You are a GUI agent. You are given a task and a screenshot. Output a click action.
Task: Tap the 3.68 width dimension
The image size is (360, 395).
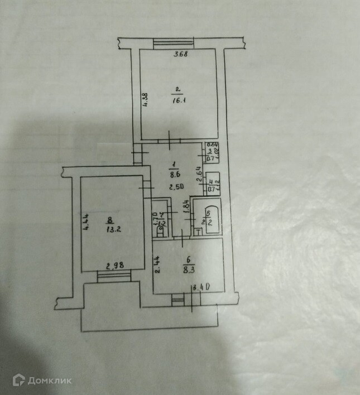[x=179, y=55]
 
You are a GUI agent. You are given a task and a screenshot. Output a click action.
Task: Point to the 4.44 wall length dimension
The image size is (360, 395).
[x=85, y=224]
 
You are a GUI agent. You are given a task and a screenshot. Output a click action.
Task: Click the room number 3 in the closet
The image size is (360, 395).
[x=210, y=151]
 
